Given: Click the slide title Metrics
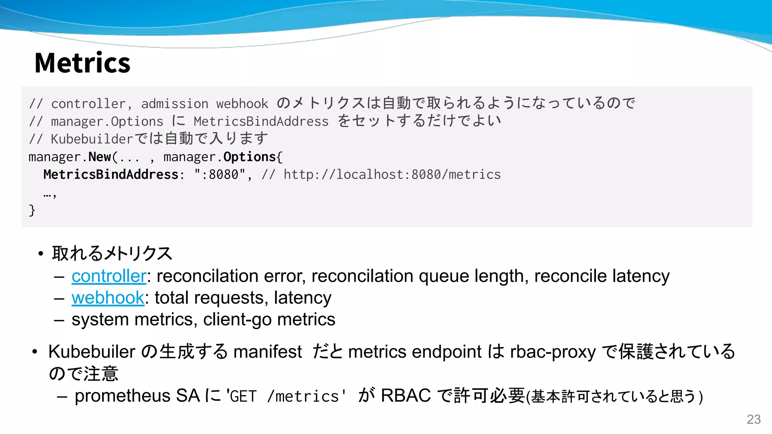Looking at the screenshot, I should tap(82, 63).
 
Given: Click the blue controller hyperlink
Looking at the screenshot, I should tap(109, 276).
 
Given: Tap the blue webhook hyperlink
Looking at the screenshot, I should tap(108, 298).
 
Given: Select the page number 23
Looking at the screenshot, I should tap(754, 419).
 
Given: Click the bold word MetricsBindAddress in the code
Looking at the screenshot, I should tap(111, 174).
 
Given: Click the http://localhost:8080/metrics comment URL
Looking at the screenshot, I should tap(392, 174).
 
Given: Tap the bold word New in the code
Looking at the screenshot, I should tap(100, 157).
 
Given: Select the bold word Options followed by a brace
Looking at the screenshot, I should tap(250, 157).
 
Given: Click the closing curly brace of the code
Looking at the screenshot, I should tap(32, 210).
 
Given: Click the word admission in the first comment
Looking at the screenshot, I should tap(175, 104).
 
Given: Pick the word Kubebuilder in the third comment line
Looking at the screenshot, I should tap(92, 139).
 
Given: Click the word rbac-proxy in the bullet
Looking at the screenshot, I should tap(553, 352).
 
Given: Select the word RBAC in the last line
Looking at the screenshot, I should tap(406, 396).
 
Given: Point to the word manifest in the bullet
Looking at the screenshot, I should tap(268, 352).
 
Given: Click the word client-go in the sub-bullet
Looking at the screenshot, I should tap(237, 319).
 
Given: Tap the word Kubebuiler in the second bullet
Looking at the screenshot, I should tap(92, 352).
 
